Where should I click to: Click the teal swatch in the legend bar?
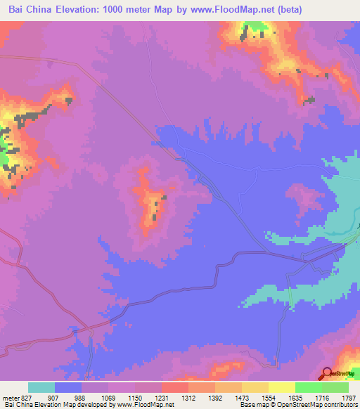point(41,387)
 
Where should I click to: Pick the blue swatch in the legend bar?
point(67,387)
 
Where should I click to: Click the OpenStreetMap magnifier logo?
point(327,374)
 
